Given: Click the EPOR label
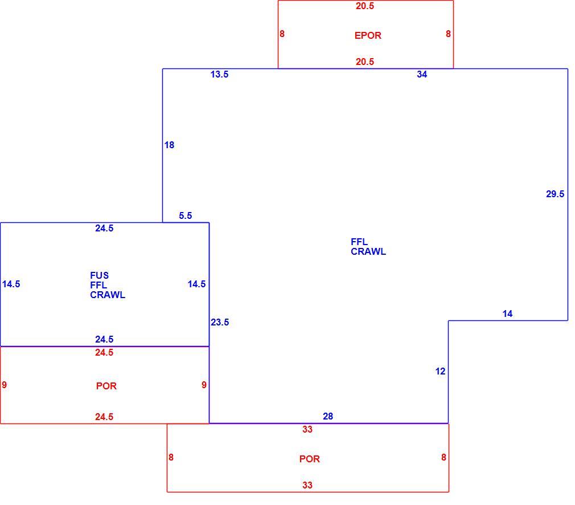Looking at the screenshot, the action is pos(368,35).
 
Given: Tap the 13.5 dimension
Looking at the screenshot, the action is pos(219,74).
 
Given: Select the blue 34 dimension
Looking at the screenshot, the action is pos(422,74).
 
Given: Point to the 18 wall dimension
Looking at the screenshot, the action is pos(169,145).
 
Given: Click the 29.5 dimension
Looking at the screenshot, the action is pos(555,194).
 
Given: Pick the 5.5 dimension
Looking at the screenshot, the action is pos(185,215).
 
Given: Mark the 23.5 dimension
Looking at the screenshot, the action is pos(220,322).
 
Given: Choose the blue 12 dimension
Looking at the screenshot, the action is pos(440,371).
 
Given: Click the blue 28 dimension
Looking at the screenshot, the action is pos(328,416).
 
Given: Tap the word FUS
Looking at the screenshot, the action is pos(100,275).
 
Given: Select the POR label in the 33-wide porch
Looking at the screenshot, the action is pos(310,459).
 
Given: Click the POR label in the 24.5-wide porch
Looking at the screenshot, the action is pos(106,386).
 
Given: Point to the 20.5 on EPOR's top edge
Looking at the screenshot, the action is pos(365,6).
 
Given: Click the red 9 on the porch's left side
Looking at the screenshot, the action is pos(5,385).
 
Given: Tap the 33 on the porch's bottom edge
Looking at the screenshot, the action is pos(307,485).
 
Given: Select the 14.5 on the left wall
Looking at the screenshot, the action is pos(11,284).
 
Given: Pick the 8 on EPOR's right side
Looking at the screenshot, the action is pos(448,34).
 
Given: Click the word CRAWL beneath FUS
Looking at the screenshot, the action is pos(108,295).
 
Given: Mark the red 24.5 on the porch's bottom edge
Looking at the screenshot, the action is pos(104,417).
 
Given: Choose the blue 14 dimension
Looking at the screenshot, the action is pos(507,313).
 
